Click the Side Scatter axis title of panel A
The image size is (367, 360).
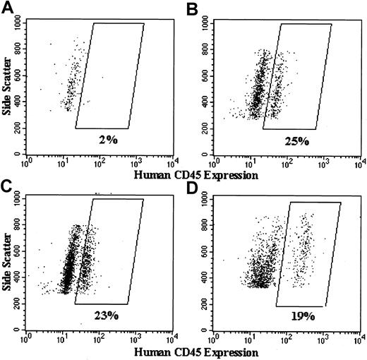click(x=6, y=88)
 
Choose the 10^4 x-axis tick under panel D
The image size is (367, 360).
click(x=360, y=339)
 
